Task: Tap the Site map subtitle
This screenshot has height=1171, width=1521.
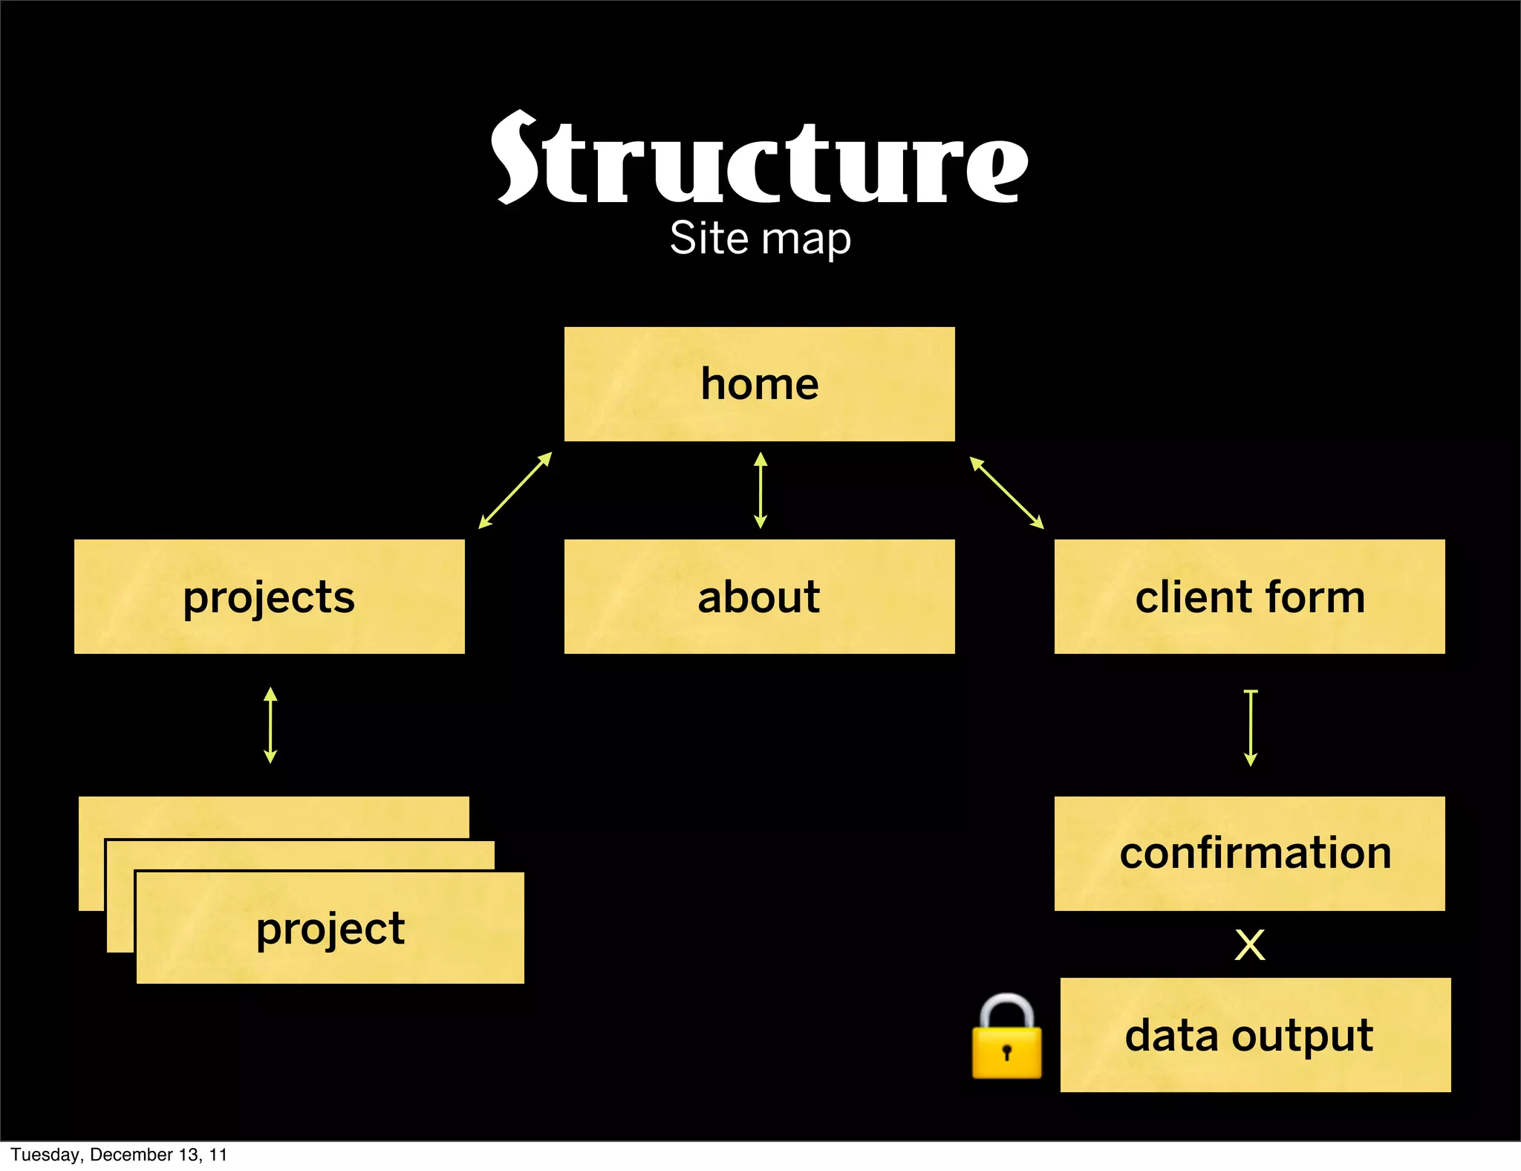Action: (x=760, y=239)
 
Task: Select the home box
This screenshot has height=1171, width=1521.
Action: (x=759, y=384)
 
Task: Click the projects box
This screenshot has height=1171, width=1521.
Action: (x=269, y=597)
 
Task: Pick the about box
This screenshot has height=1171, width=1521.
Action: (x=759, y=597)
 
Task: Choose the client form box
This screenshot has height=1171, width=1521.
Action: (x=1249, y=597)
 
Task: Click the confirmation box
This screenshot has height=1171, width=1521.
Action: (x=1249, y=853)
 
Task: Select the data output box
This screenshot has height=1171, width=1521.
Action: (x=1255, y=1035)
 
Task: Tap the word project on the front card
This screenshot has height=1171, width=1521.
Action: (x=330, y=929)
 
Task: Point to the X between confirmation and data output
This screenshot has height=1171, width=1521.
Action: (x=1249, y=945)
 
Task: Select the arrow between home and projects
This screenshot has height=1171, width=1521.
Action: (x=515, y=490)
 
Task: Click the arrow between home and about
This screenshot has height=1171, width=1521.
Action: (x=760, y=490)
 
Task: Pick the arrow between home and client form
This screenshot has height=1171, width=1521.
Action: (x=1006, y=493)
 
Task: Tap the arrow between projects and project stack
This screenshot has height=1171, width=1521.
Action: (x=270, y=725)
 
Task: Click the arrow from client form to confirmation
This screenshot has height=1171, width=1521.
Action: (x=1251, y=728)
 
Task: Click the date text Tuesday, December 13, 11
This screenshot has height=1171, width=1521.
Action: (x=119, y=1155)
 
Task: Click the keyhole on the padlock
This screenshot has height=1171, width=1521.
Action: (x=1006, y=1052)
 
